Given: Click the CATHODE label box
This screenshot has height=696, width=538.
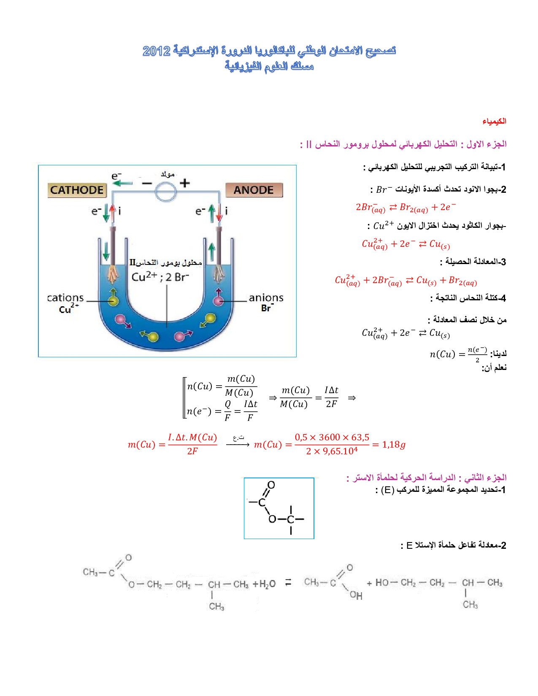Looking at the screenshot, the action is pos(77,190).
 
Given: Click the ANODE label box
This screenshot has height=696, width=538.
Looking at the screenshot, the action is pos(254,190).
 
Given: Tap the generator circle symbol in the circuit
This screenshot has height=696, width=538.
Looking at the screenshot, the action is pos(165,192).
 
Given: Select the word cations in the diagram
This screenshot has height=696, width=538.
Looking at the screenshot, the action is pos(65,297).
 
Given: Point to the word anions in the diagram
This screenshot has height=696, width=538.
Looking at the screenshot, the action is pos(266,297).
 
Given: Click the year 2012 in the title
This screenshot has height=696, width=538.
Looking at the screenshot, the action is pos(157,51).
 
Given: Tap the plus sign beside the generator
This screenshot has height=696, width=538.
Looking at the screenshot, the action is pos(184,183).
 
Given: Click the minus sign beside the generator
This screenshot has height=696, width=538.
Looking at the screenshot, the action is pos(147,183).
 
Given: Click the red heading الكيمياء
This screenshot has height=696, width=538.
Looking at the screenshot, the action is pos(494,121).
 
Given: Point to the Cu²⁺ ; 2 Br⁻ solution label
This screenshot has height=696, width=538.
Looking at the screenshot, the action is pos(160,276).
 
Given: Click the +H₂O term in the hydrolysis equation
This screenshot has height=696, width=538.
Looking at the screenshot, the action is pos(264,584).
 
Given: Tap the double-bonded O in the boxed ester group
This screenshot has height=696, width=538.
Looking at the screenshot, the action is pos(271,485).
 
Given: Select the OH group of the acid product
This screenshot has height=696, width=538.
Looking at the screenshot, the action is pos(356,595).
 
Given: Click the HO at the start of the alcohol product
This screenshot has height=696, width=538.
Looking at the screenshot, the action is pos(382,582).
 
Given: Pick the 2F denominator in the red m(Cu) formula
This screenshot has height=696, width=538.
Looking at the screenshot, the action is pos(192,451).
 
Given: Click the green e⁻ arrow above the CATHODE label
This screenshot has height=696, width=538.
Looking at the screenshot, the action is pos(122,183).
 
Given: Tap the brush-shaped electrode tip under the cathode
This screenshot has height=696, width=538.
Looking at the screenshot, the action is pos(112,274).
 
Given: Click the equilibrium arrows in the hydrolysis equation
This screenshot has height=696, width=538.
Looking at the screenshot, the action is pos(288,582).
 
